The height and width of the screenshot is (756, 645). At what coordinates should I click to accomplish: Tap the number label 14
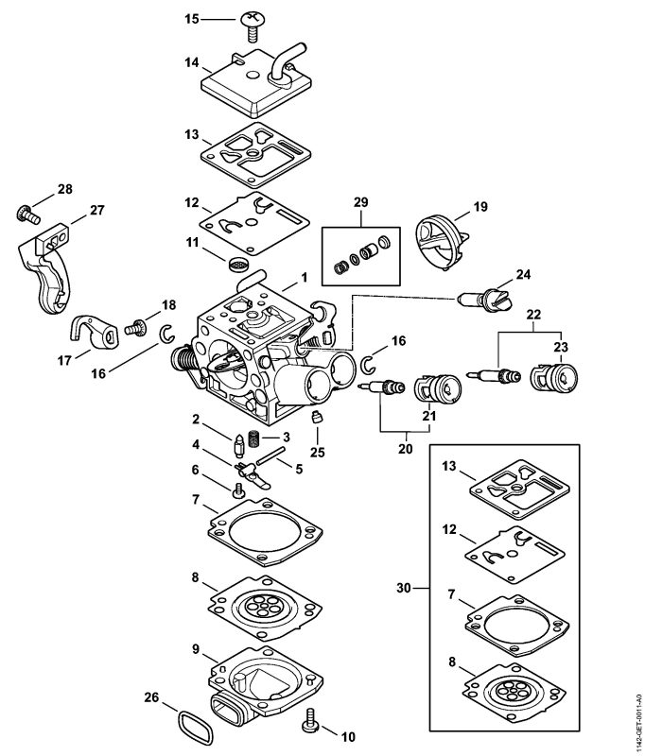[x=190, y=63]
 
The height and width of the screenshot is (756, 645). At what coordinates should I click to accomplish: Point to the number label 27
[x=96, y=211]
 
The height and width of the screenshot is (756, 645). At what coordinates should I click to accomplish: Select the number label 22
[x=534, y=313]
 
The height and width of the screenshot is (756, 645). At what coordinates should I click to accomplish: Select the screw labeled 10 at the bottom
[x=307, y=726]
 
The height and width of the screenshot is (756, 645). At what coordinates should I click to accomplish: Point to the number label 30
[x=402, y=588]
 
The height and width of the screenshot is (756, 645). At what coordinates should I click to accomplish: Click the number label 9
[x=194, y=650]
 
